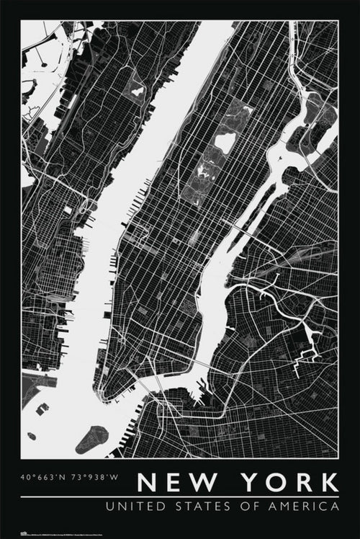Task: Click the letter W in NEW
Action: coord(199,482)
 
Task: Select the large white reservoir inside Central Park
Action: coord(225,142)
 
